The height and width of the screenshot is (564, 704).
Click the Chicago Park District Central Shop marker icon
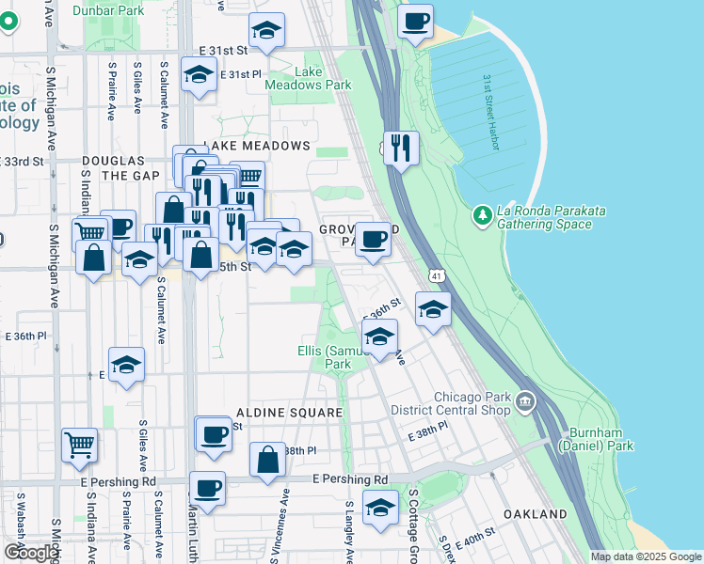point(524,403)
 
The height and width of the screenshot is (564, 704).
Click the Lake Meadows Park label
point(323,78)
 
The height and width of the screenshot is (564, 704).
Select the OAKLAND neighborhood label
point(535,514)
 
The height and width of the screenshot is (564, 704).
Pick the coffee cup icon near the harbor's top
point(415,21)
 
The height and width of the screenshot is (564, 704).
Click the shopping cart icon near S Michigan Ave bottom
point(80,444)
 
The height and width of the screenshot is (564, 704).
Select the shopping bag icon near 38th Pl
point(268,459)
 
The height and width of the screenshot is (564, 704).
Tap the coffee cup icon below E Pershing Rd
point(207,488)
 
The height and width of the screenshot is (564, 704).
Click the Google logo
point(31,553)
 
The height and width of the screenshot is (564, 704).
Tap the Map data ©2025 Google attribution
point(645,556)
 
